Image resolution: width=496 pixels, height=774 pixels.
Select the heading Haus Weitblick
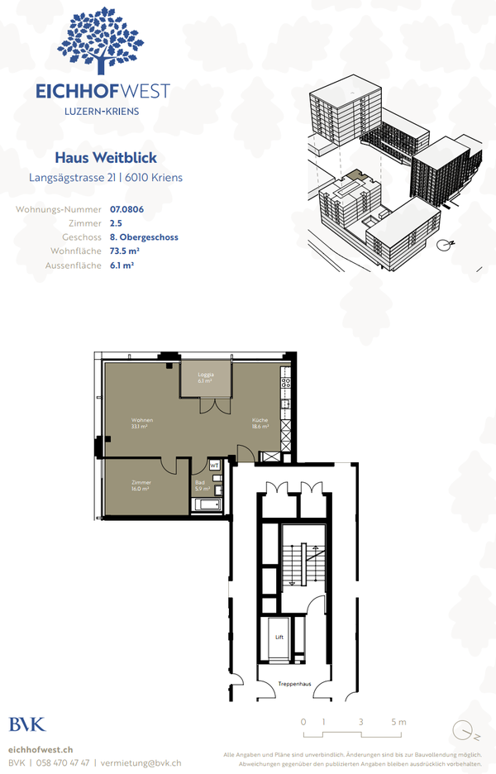tap(105, 157)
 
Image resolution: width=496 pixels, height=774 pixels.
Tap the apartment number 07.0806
tap(126, 210)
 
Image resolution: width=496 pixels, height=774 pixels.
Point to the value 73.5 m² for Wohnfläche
tap(124, 251)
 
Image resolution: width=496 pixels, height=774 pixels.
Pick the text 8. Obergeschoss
tap(144, 237)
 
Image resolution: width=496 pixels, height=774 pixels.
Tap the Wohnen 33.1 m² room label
tap(141, 423)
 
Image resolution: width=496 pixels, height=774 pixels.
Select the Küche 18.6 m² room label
tap(260, 423)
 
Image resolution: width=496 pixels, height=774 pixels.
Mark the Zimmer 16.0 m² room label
tap(141, 485)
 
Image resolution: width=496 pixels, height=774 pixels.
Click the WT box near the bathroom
tap(215, 466)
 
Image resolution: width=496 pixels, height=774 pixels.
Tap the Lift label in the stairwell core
tap(279, 638)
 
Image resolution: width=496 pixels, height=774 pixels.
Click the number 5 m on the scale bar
tap(400, 723)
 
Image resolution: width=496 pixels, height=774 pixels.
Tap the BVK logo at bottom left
tap(27, 724)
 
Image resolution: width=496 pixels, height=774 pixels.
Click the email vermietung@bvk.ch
tap(141, 762)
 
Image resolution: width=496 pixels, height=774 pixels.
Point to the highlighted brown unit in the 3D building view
tap(352, 175)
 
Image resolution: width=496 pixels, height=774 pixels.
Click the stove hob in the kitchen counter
tap(287, 383)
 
